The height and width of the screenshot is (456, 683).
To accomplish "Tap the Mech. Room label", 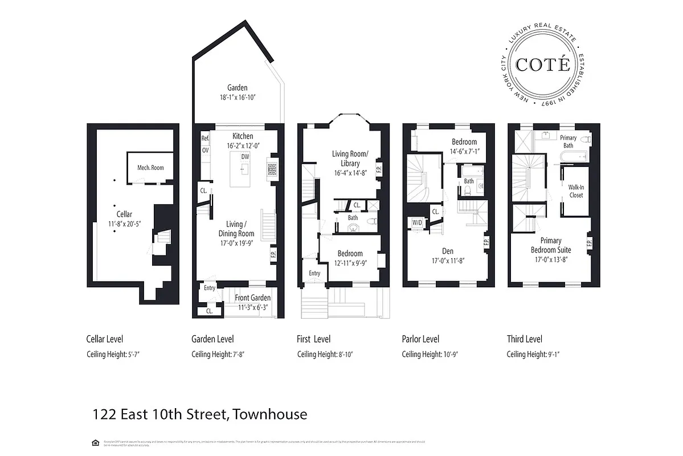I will coord(150,168).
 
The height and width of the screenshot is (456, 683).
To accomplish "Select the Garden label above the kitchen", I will coord(238,88).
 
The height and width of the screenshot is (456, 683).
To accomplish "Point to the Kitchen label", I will coord(243,136).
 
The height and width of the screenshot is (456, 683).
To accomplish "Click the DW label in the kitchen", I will coord(245,156).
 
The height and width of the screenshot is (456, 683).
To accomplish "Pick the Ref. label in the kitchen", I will coord(205,139).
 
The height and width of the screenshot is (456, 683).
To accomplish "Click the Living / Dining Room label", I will coord(236,229).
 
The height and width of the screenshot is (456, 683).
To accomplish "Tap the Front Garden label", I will coord(253,298).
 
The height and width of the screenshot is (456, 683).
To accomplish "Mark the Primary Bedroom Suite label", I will coord(551,245).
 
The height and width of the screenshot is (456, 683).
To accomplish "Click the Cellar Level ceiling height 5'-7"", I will coord(113,354).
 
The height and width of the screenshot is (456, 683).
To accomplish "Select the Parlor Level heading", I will coord(420,339).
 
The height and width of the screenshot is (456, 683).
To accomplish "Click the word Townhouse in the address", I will coord(270,414).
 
